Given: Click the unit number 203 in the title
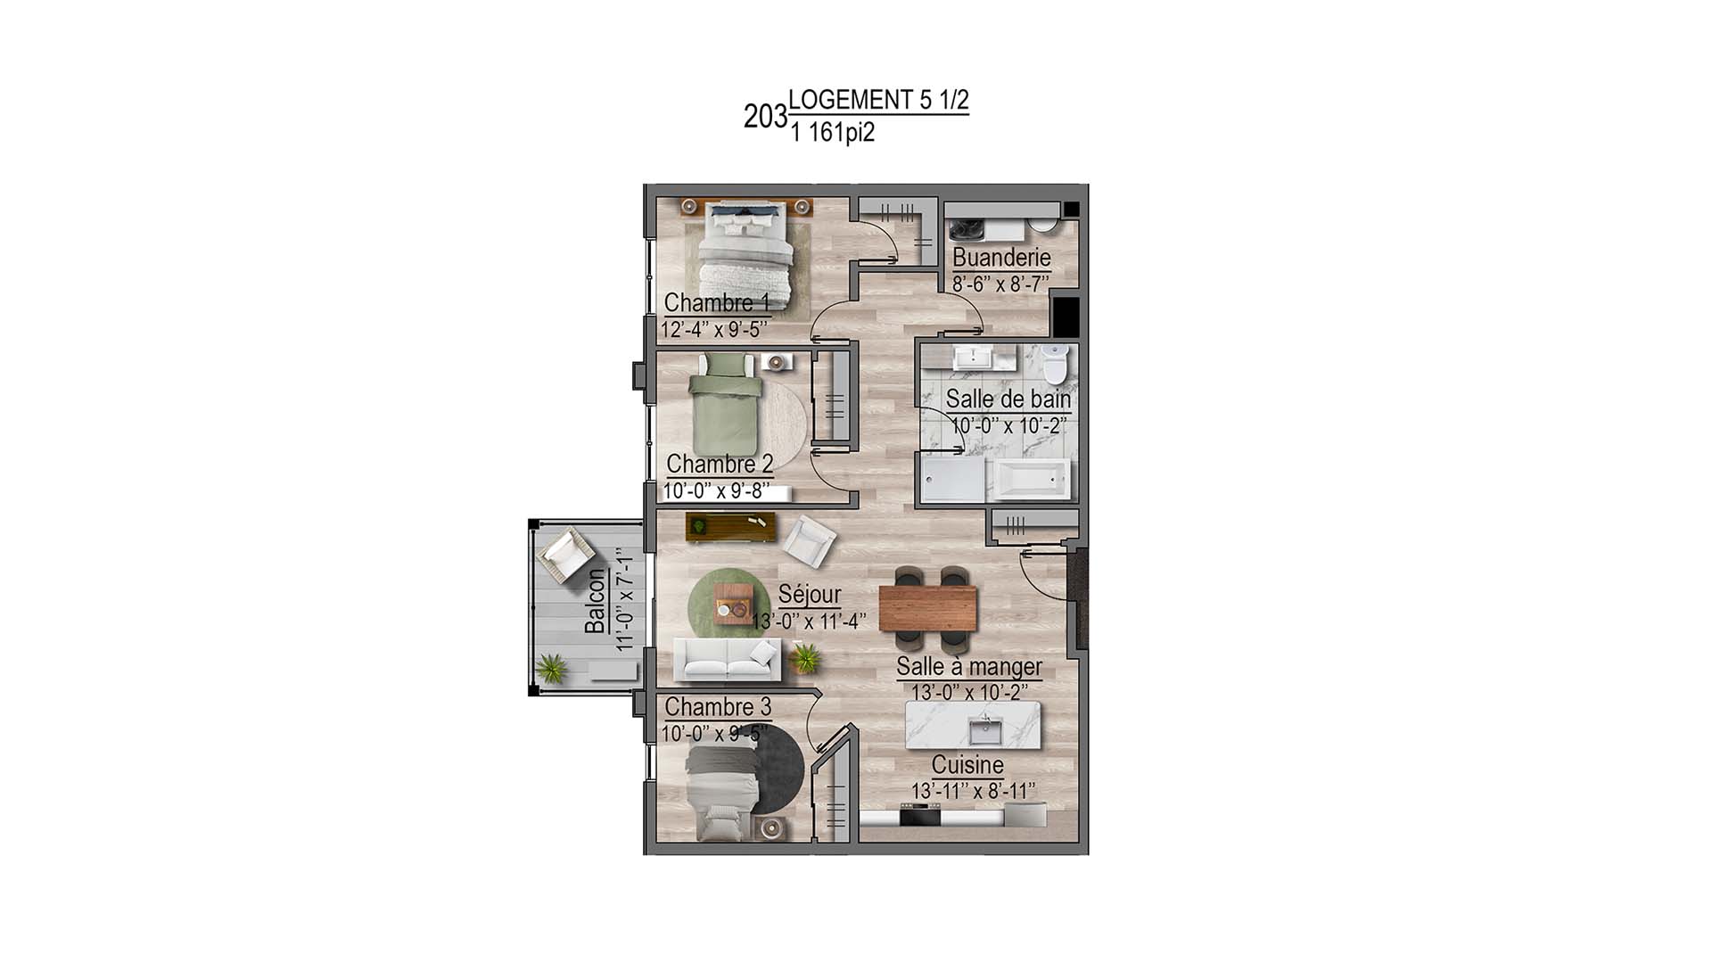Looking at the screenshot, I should (765, 117).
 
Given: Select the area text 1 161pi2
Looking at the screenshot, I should (832, 133).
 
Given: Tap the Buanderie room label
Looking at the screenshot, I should (1001, 258).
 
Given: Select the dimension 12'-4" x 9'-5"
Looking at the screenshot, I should (713, 329).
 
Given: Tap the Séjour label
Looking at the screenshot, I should (809, 595).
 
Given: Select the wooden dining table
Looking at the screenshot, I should (927, 608).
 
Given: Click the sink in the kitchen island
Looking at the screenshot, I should (987, 731).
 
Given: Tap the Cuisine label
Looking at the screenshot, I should (967, 765).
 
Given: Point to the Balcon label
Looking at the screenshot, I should (595, 602).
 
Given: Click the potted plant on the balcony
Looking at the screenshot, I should (551, 668).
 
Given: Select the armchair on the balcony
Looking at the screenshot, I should (564, 553).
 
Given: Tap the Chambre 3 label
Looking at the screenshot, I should (718, 707).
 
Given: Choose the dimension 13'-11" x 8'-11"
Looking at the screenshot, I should (973, 791).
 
